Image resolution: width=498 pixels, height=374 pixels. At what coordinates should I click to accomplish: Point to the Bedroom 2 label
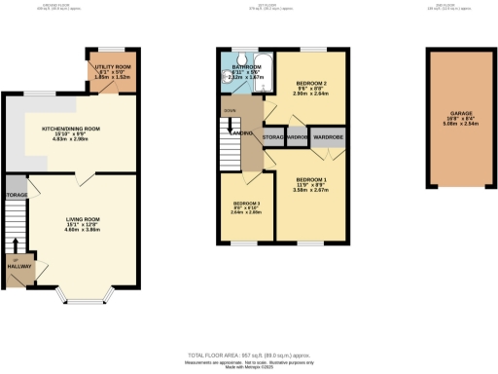[x=311, y=87]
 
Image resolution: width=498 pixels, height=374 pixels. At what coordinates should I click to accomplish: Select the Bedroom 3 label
[x=246, y=207]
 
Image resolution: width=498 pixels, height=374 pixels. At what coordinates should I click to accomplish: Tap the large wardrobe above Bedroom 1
[x=328, y=137]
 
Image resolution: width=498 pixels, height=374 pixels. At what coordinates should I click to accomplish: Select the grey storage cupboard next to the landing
[x=271, y=137]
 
